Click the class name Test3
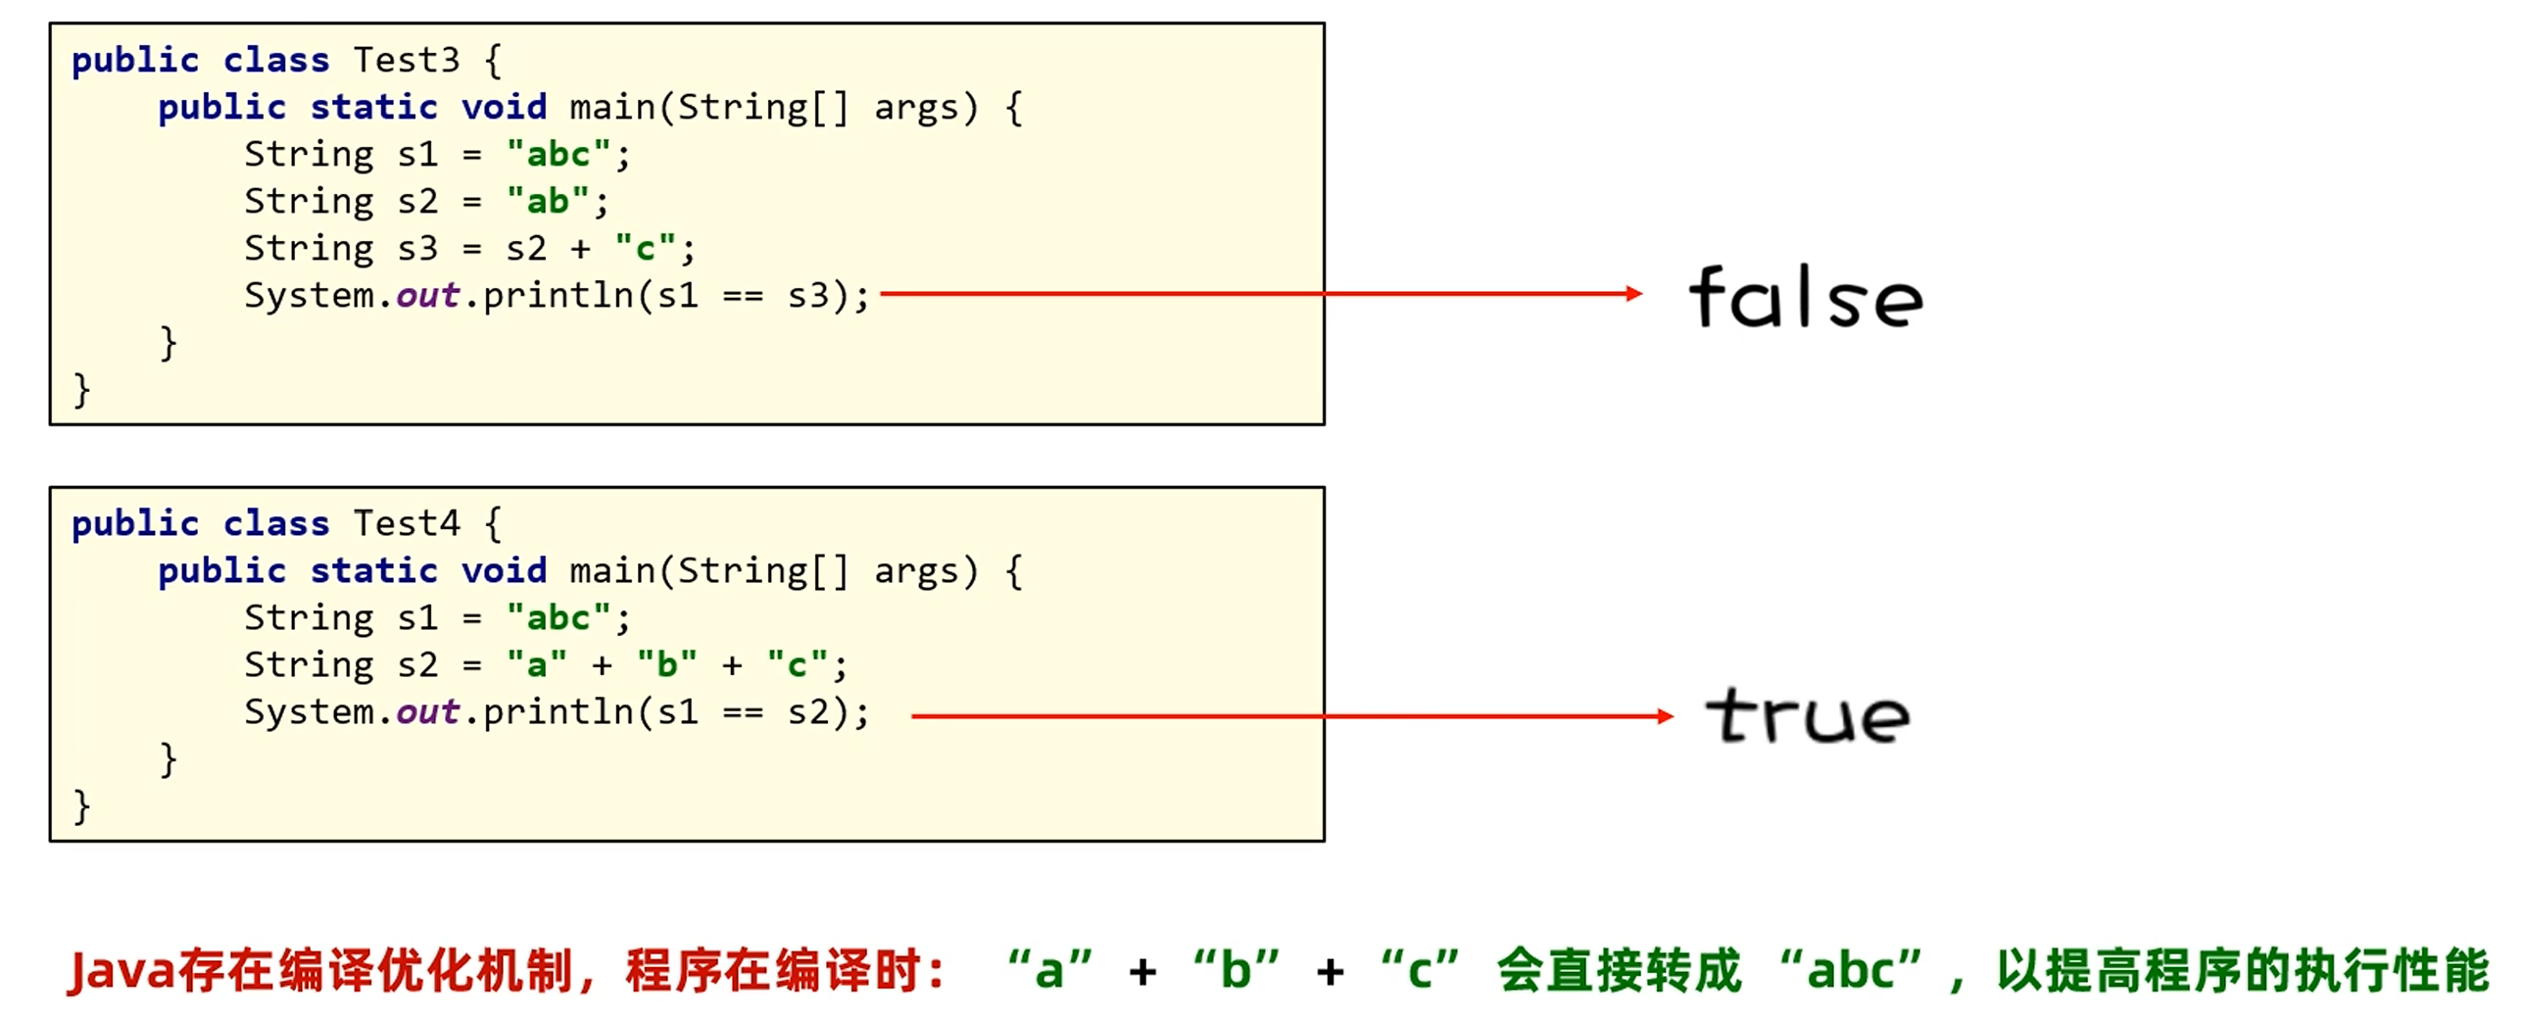406,61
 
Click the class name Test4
406,524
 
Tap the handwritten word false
1806,297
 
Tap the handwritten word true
1808,715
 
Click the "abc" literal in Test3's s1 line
558,155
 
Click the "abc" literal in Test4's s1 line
558,618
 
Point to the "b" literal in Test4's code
666,665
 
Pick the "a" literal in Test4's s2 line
536,665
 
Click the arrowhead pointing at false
1633,293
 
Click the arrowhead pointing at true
1665,716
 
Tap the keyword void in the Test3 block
504,108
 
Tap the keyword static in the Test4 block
373,571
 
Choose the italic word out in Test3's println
427,296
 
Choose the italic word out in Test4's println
427,712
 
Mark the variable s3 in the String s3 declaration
417,249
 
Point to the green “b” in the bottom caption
1236,971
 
